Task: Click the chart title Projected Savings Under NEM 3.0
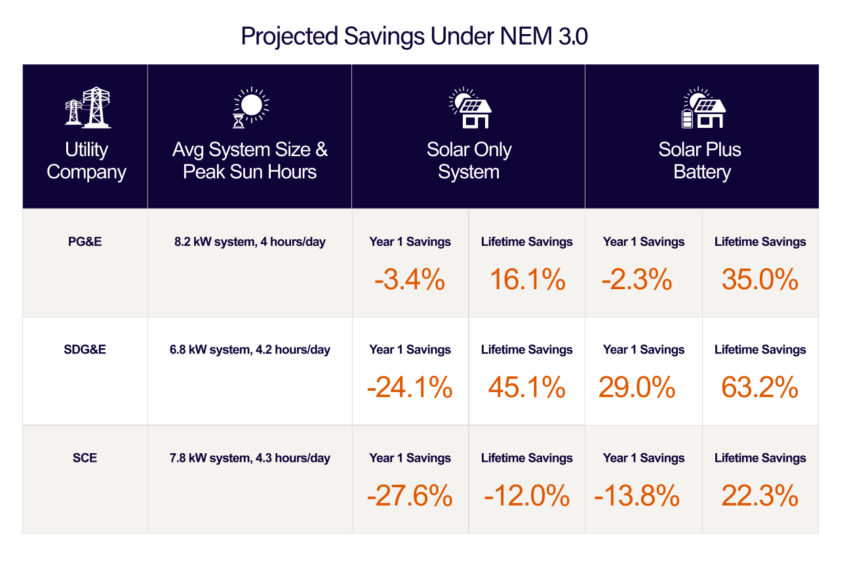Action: click(x=414, y=36)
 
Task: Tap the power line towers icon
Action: click(x=87, y=107)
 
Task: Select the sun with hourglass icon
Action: click(x=250, y=108)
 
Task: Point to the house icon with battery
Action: click(x=702, y=108)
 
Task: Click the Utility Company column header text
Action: click(x=87, y=161)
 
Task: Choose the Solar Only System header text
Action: click(x=469, y=161)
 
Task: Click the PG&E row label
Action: click(x=85, y=241)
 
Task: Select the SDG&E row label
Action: click(x=85, y=350)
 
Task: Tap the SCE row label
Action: click(x=85, y=458)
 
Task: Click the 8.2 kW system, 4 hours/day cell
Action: click(x=250, y=241)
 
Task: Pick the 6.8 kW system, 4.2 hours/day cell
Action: click(x=250, y=350)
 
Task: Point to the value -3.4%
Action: click(x=410, y=280)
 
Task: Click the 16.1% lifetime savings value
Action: click(x=527, y=280)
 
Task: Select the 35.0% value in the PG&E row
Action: click(x=760, y=280)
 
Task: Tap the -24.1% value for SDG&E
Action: click(x=410, y=388)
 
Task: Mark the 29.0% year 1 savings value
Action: click(x=637, y=388)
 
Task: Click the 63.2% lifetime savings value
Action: click(x=760, y=388)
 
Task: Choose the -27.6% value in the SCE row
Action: click(x=410, y=496)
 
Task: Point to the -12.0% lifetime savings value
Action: click(x=527, y=496)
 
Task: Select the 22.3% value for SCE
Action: click(x=760, y=496)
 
